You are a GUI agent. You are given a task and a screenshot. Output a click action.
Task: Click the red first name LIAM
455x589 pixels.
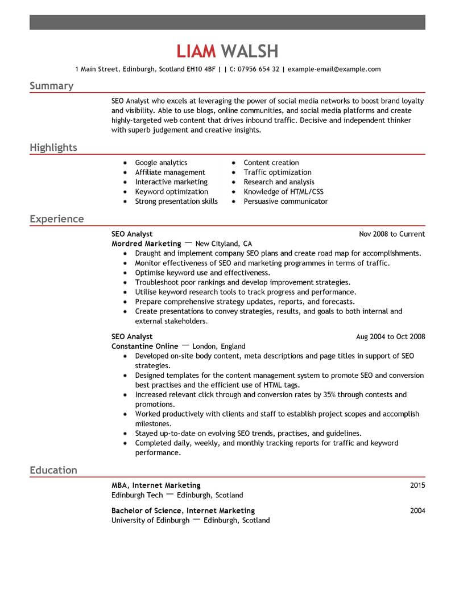(196, 51)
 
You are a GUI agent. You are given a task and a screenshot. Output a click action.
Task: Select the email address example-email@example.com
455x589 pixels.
(334, 69)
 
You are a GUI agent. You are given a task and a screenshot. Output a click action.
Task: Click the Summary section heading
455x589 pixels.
(51, 86)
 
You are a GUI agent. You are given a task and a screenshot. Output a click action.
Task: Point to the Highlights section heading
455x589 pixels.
(53, 148)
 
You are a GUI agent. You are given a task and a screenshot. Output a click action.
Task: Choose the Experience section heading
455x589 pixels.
(56, 219)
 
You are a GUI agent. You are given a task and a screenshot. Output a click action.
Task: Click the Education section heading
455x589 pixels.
(53, 470)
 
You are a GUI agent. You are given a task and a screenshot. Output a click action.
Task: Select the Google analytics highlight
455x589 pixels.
(161, 163)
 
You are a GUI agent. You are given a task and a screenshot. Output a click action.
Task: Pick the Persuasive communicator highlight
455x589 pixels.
(286, 201)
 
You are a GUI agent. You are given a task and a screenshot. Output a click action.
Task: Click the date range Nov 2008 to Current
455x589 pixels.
(392, 234)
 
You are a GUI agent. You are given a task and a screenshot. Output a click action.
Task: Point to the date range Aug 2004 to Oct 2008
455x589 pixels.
(390, 336)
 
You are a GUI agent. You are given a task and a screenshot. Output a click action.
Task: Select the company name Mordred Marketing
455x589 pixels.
(146, 244)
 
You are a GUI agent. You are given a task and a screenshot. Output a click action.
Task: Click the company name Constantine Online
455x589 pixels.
(144, 346)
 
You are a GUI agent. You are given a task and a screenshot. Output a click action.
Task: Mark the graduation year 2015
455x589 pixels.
(417, 485)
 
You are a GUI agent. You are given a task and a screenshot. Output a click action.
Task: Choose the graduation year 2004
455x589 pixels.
(417, 510)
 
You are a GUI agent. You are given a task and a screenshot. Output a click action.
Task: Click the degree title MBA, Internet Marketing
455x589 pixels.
(156, 485)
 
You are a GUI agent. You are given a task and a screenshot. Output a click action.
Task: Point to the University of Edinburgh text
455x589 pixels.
(150, 520)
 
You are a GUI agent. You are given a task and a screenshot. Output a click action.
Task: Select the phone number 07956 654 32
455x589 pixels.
(259, 69)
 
